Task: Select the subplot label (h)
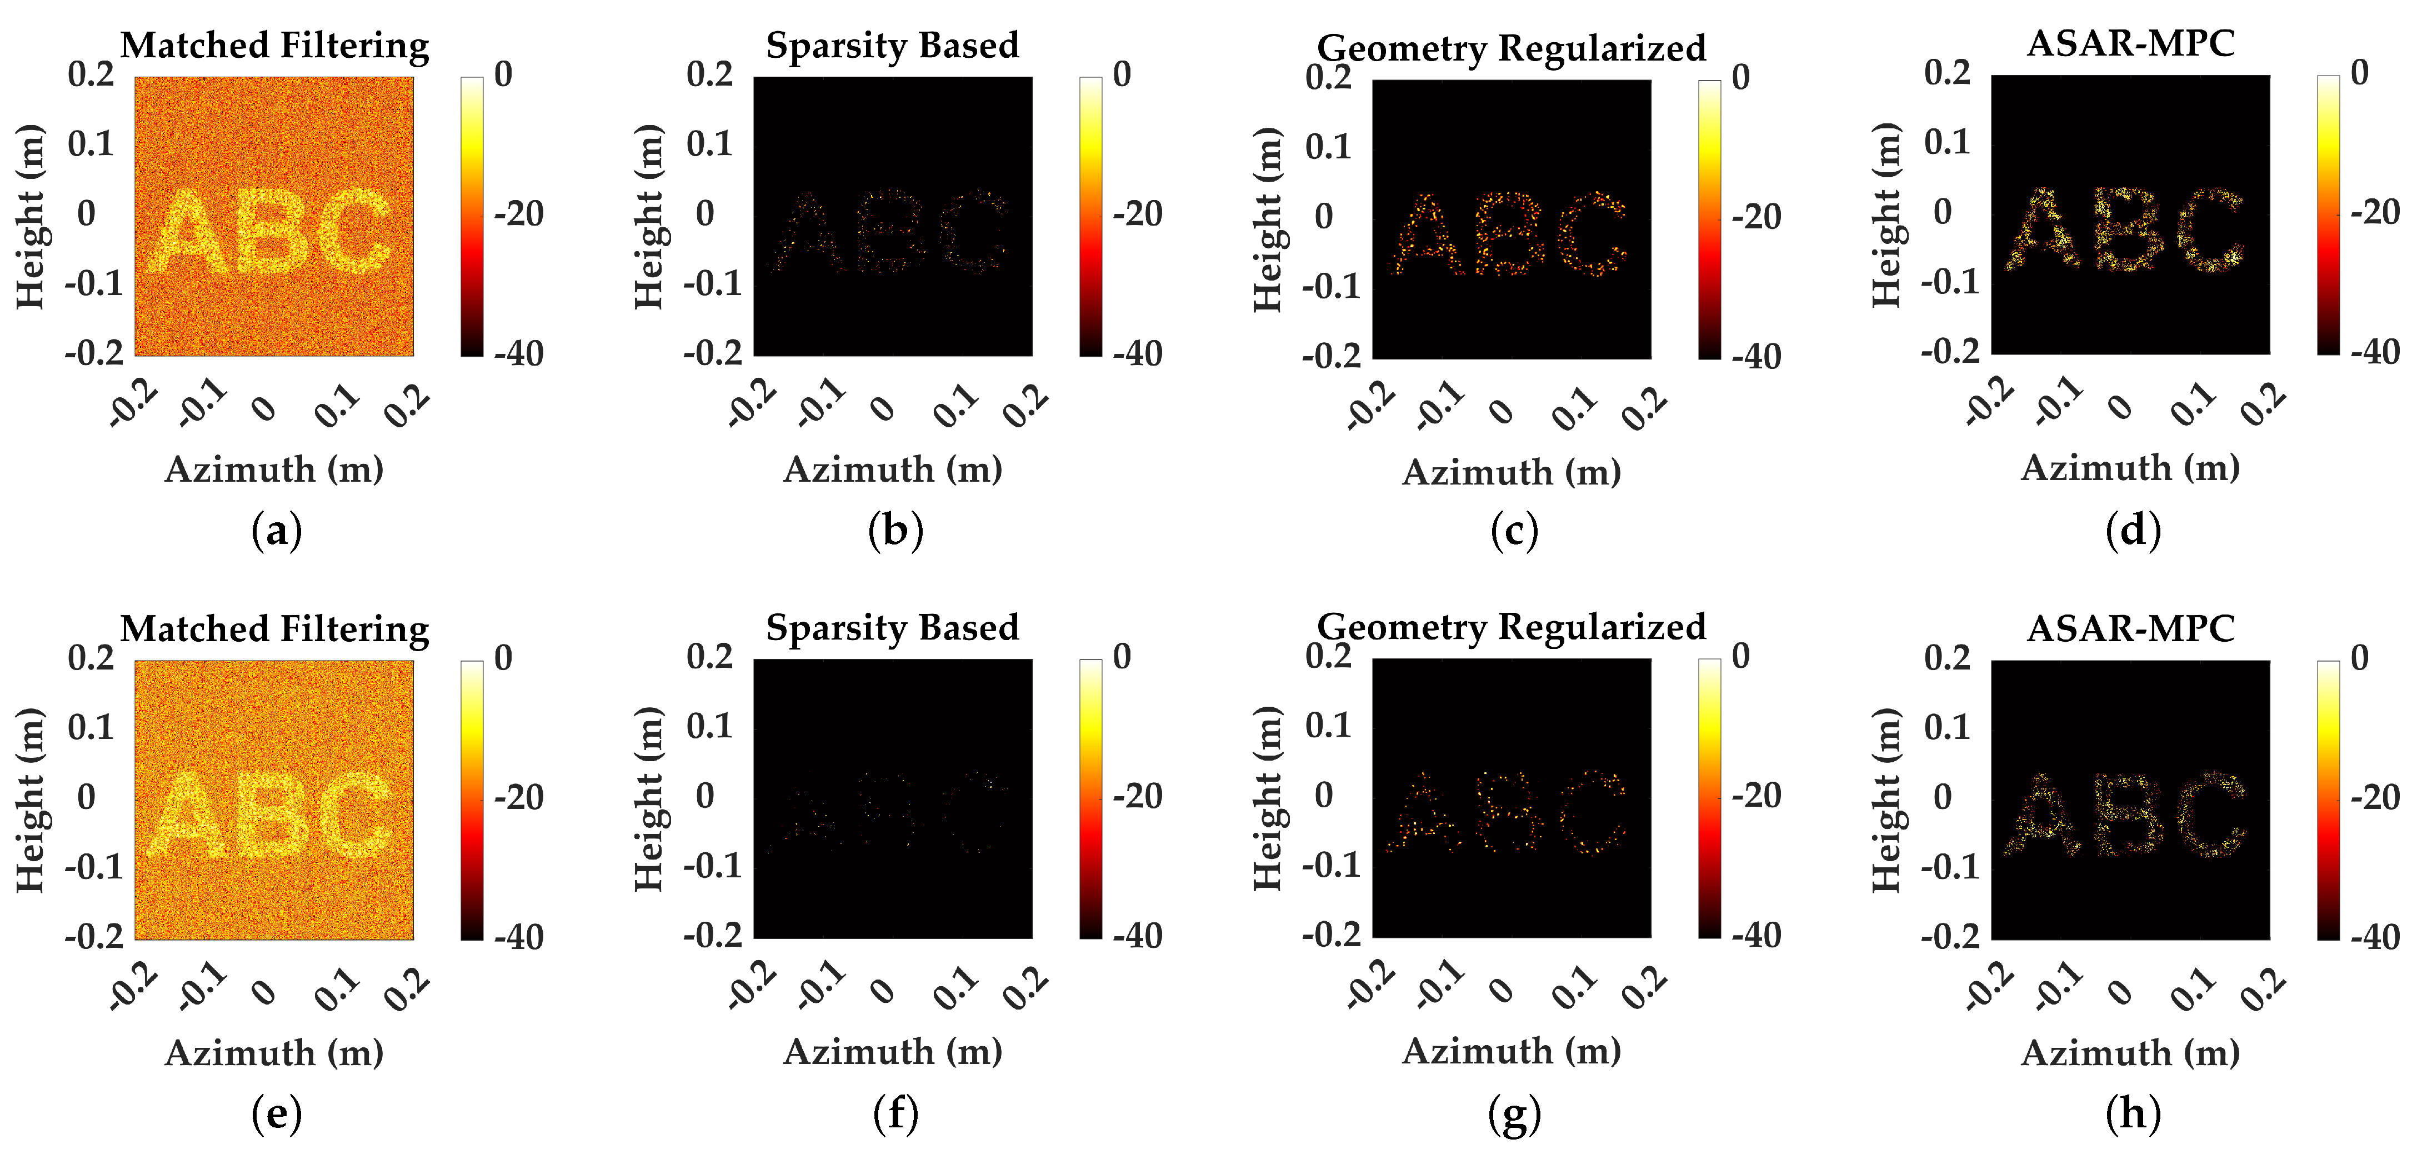tap(2133, 1114)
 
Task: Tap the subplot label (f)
tap(895, 1114)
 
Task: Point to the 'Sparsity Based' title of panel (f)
tap(892, 627)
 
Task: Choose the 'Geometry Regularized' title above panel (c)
tap(1511, 47)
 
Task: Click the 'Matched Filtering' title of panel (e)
tap(274, 628)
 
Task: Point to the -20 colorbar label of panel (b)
tap(1138, 214)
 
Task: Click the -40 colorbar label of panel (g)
tap(1757, 936)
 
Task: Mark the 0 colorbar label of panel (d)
tap(2359, 73)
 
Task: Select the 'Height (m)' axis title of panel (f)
tap(649, 799)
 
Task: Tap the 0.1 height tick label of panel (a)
tap(90, 144)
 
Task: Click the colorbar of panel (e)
tap(472, 799)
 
